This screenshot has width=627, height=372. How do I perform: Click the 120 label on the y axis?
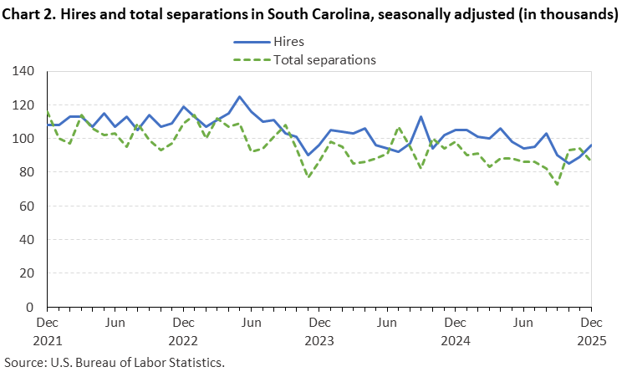click(23, 105)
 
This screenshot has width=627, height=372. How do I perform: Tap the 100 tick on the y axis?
click(23, 139)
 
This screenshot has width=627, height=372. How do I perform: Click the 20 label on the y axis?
click(27, 273)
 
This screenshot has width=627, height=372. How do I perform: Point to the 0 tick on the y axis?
click(30, 308)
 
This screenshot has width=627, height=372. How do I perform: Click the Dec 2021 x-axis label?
click(47, 332)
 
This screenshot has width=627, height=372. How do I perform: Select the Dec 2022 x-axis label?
click(182, 332)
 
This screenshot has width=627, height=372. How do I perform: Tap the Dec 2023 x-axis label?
click(319, 332)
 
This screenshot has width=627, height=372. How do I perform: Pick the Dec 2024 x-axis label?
click(455, 332)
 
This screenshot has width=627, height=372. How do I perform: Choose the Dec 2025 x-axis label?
click(590, 332)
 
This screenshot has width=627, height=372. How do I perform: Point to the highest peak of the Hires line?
click(239, 97)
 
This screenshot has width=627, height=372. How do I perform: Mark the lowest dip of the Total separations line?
click(557, 184)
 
